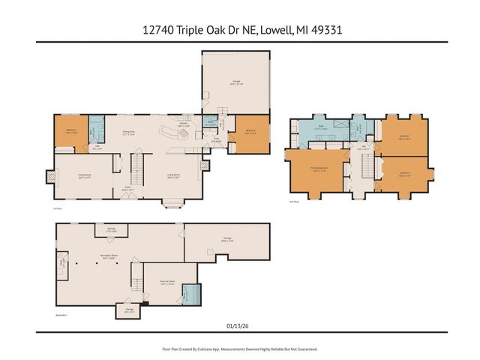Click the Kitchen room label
coord(182,124)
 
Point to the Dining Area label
coord(129,132)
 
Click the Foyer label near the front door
coord(127,189)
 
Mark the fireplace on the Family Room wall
coord(51,178)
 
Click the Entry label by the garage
coord(216,139)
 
